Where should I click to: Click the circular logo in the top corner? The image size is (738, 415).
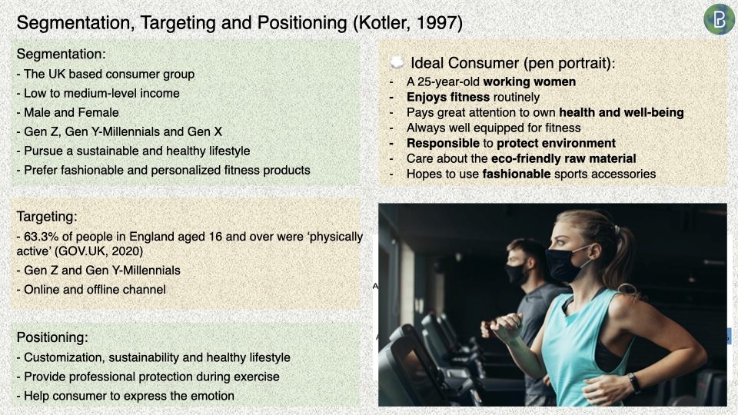pyautogui.click(x=719, y=19)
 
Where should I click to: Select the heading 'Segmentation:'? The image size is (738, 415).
pyautogui.click(x=61, y=54)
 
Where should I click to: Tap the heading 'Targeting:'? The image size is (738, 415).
pyautogui.click(x=47, y=217)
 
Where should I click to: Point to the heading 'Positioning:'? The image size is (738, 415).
pyautogui.click(x=52, y=337)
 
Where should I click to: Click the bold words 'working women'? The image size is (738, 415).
pyautogui.click(x=530, y=82)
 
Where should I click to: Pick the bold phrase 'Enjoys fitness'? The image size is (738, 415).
pyautogui.click(x=448, y=97)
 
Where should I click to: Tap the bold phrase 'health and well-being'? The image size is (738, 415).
pyautogui.click(x=621, y=112)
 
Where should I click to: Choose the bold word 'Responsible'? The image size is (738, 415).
pyautogui.click(x=443, y=143)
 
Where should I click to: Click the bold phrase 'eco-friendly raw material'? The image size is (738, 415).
pyautogui.click(x=563, y=158)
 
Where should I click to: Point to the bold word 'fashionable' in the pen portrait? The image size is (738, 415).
pyautogui.click(x=517, y=174)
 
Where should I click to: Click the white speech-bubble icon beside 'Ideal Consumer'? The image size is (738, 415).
pyautogui.click(x=397, y=62)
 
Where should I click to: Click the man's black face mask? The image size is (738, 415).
pyautogui.click(x=516, y=273)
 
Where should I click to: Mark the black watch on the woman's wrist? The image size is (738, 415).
pyautogui.click(x=634, y=383)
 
